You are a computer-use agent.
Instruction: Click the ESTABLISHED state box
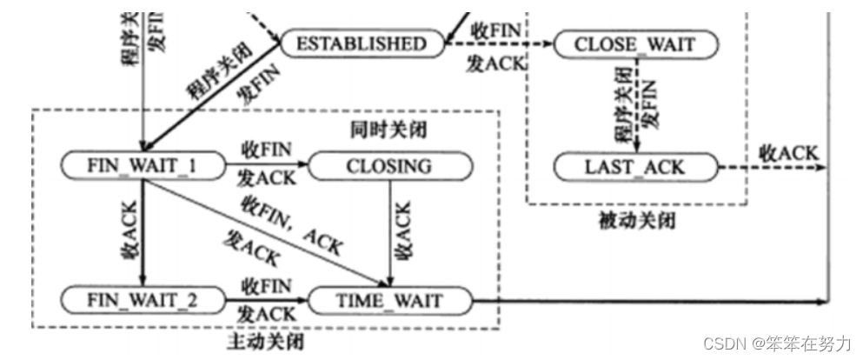[x=362, y=43]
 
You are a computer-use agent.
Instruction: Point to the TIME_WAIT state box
[x=388, y=301]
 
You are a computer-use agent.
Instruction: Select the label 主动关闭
[x=272, y=341]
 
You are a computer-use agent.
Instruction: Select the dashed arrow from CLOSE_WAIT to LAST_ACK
[x=637, y=104]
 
